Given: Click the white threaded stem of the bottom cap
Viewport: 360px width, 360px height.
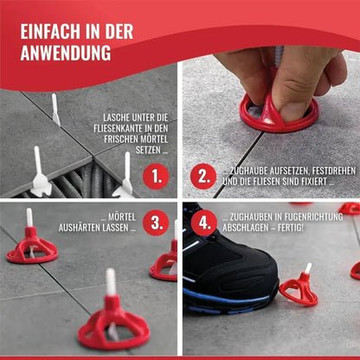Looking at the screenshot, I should pyautogui.click(x=110, y=281).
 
